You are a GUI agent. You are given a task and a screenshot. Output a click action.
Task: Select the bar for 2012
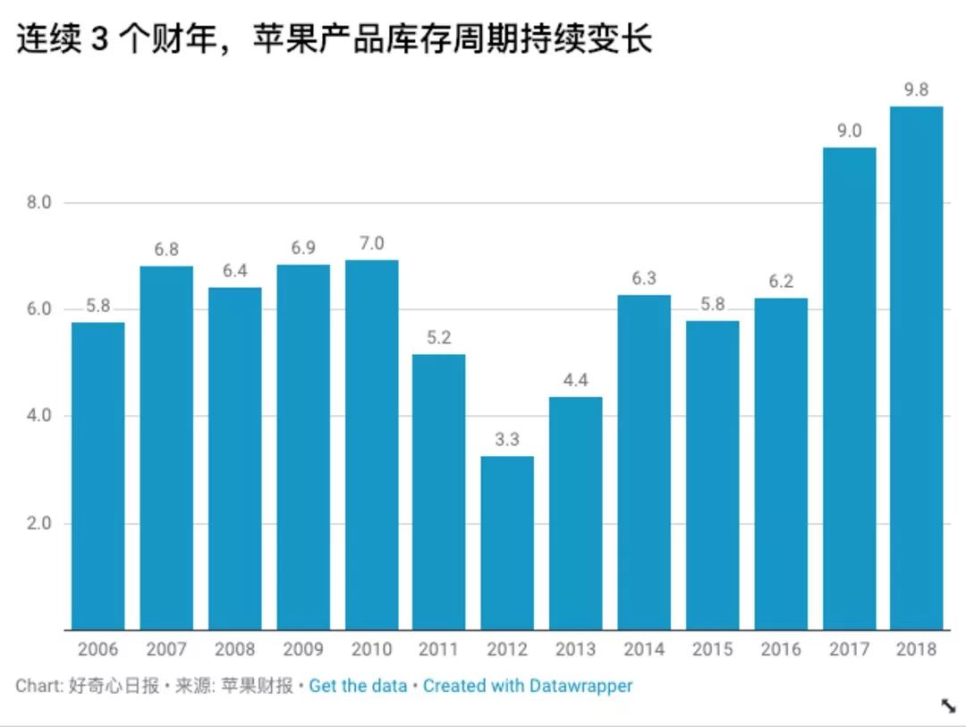(x=507, y=543)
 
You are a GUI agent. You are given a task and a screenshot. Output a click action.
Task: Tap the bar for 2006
(x=97, y=476)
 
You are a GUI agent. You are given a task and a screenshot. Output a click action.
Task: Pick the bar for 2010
(x=371, y=444)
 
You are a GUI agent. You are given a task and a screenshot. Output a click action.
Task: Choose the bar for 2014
(x=644, y=462)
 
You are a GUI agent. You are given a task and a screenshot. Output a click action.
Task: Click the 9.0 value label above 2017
(x=849, y=131)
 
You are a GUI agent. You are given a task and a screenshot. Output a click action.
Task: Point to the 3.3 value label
(x=507, y=440)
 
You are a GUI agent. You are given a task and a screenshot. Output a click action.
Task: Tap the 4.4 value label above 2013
(x=575, y=380)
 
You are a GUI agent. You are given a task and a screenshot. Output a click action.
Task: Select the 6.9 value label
(x=302, y=248)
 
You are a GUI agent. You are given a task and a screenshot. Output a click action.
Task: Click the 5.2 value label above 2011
(x=438, y=338)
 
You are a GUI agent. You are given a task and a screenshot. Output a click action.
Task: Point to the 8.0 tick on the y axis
(x=38, y=203)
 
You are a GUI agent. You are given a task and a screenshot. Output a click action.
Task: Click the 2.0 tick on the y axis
(x=38, y=523)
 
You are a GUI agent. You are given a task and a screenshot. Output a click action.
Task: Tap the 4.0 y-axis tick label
(x=38, y=416)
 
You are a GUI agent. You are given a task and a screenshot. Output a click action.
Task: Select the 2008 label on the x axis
(x=234, y=649)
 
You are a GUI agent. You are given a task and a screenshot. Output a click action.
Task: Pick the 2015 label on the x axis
(x=712, y=649)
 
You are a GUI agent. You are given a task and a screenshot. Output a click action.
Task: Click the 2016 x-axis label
(x=780, y=649)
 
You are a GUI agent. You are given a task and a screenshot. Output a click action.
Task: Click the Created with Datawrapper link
(x=528, y=686)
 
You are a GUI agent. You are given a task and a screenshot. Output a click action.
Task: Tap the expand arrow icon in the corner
(x=948, y=706)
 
